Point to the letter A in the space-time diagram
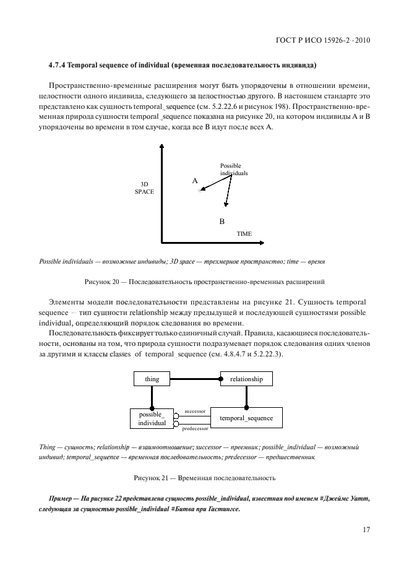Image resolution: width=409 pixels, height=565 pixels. click(195, 181)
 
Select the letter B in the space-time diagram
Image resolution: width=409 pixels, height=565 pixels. click(222, 220)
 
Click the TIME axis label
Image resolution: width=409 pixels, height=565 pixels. click(244, 235)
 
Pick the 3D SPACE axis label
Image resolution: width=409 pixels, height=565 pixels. click(144, 188)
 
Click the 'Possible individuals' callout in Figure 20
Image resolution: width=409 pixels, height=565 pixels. click(233, 170)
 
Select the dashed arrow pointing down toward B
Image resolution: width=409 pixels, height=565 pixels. click(229, 192)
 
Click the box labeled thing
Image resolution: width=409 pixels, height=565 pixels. click(152, 379)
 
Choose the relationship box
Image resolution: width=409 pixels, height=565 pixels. click(246, 379)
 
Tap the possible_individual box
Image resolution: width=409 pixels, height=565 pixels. click(152, 418)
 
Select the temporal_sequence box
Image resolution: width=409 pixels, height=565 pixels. click(246, 418)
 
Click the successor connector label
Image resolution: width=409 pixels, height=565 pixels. click(194, 410)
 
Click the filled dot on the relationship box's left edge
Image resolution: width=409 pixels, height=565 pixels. click(221, 379)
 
